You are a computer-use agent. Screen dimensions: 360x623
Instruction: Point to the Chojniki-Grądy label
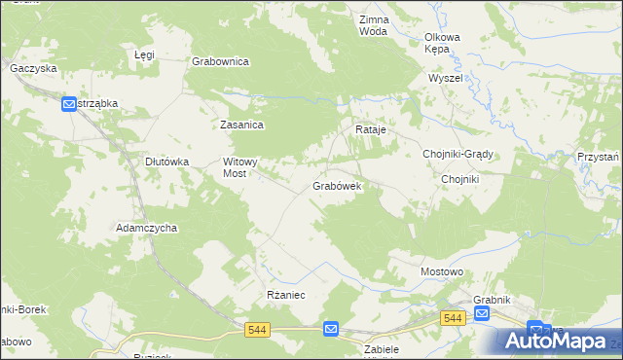[x=458, y=154]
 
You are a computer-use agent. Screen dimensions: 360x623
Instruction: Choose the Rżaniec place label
[x=286, y=294]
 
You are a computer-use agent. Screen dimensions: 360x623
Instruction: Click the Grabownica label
[x=221, y=61]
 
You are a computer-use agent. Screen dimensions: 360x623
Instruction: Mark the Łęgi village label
[x=144, y=55]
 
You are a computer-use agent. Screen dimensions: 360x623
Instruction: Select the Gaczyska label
[x=33, y=68]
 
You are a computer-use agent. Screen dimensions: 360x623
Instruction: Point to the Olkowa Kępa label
[x=441, y=43]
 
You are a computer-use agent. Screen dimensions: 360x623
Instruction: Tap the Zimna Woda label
[x=373, y=25]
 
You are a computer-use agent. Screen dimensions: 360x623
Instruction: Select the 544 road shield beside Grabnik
[x=452, y=318]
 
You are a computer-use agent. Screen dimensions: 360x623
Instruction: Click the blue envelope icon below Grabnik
[x=482, y=313]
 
